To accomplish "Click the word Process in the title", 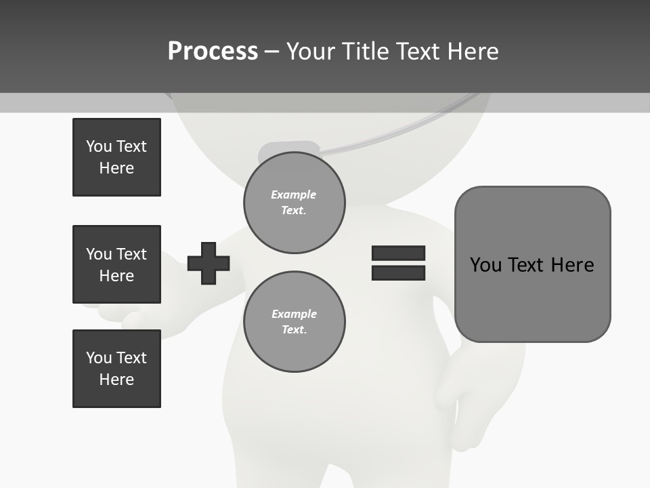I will point(213,52).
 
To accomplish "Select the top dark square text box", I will point(116,157).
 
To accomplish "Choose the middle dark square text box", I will point(116,264).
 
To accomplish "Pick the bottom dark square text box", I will point(116,369).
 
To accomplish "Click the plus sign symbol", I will point(209,263).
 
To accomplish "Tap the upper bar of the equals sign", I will point(398,253).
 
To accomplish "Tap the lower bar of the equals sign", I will point(398,273).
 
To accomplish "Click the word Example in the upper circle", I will point(294,195).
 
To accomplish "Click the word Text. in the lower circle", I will point(295,330).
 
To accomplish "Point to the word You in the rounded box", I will point(485,265).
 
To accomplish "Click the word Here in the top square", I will point(116,168).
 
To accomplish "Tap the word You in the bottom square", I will point(99,358).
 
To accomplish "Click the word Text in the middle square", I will point(131,254).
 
